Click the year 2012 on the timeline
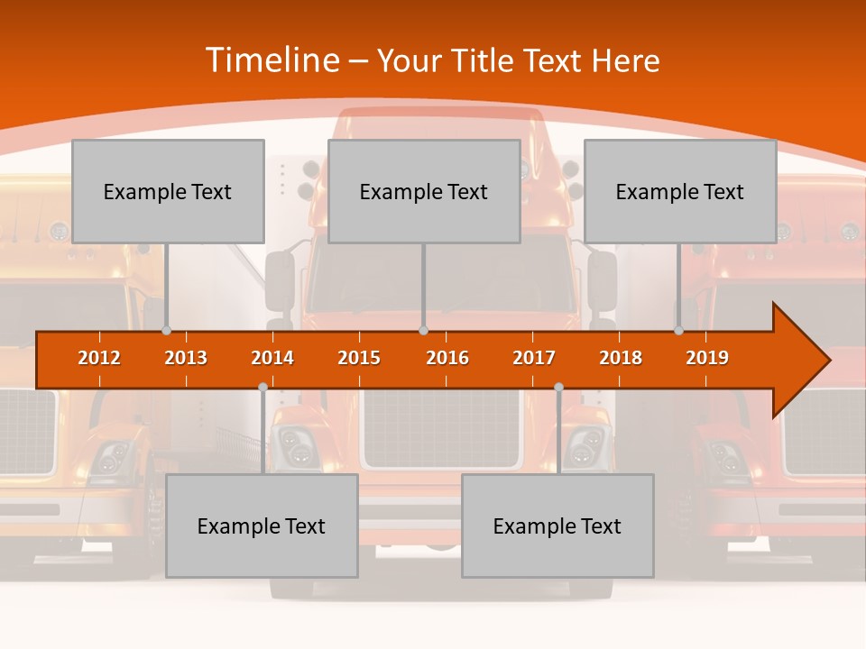[x=99, y=358]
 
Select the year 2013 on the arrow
[x=186, y=358]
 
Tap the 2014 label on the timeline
[x=272, y=358]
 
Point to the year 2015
[x=359, y=358]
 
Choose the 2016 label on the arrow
[x=447, y=358]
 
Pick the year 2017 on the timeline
[x=534, y=358]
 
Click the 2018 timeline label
[x=621, y=358]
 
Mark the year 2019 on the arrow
[x=707, y=358]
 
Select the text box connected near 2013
[x=168, y=191]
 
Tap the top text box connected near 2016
[x=424, y=191]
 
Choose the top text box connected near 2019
[x=680, y=191]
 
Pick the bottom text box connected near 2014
[x=262, y=526]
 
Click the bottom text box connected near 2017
[x=557, y=526]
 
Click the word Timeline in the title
[x=273, y=60]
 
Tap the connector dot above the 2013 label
[x=167, y=331]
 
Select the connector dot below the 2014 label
[x=263, y=387]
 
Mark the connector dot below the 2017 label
[x=558, y=387]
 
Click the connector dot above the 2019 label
[x=679, y=331]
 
